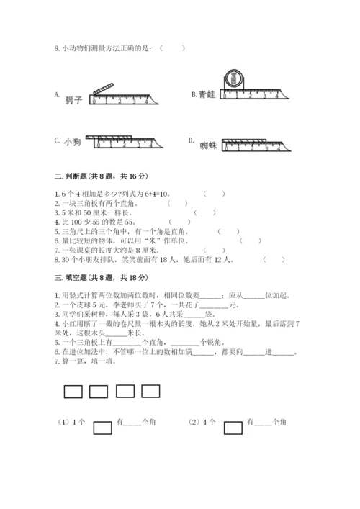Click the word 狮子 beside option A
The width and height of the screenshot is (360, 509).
click(x=74, y=99)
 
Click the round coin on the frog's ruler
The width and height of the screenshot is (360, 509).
click(x=234, y=78)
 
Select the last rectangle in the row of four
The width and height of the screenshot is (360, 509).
click(x=150, y=391)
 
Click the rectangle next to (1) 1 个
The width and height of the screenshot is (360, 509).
click(x=103, y=428)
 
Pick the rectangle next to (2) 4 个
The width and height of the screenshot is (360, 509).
click(x=233, y=428)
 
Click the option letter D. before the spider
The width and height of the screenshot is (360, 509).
click(x=192, y=140)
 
